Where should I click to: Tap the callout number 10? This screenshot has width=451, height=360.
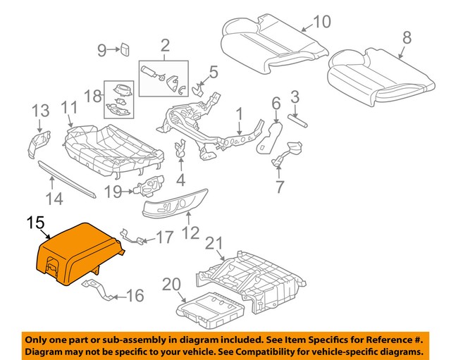click(321, 22)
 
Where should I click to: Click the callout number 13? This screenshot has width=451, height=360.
click(40, 110)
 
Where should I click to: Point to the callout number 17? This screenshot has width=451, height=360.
click(163, 238)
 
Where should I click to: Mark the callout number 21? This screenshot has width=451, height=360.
click(214, 244)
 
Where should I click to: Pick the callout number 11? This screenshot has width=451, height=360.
click(68, 108)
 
